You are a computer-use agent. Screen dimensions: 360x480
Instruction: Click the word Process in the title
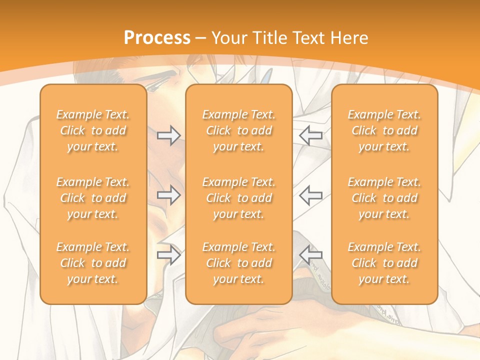point(157,38)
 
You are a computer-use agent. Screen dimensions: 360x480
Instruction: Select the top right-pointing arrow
point(168,135)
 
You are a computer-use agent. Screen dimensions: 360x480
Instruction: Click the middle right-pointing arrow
point(168,195)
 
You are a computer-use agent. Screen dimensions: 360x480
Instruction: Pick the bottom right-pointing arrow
point(168,255)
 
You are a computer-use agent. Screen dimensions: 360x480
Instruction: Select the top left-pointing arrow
point(310,135)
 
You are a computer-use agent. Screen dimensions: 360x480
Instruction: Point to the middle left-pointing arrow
point(310,195)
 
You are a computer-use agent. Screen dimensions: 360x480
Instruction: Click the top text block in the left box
point(93,130)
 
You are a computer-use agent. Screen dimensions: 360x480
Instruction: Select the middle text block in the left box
point(93,198)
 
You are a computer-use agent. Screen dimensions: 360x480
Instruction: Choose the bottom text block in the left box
point(93,263)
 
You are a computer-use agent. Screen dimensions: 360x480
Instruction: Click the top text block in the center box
point(238,130)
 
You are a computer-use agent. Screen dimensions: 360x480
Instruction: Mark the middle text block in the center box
point(238,198)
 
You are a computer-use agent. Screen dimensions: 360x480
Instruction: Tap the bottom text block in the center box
point(238,263)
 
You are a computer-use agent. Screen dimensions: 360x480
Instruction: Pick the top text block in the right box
point(384,130)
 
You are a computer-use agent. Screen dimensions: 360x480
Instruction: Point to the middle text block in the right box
point(384,198)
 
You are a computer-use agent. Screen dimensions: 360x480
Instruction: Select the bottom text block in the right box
point(384,263)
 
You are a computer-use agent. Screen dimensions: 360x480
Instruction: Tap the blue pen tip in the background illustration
point(267,75)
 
